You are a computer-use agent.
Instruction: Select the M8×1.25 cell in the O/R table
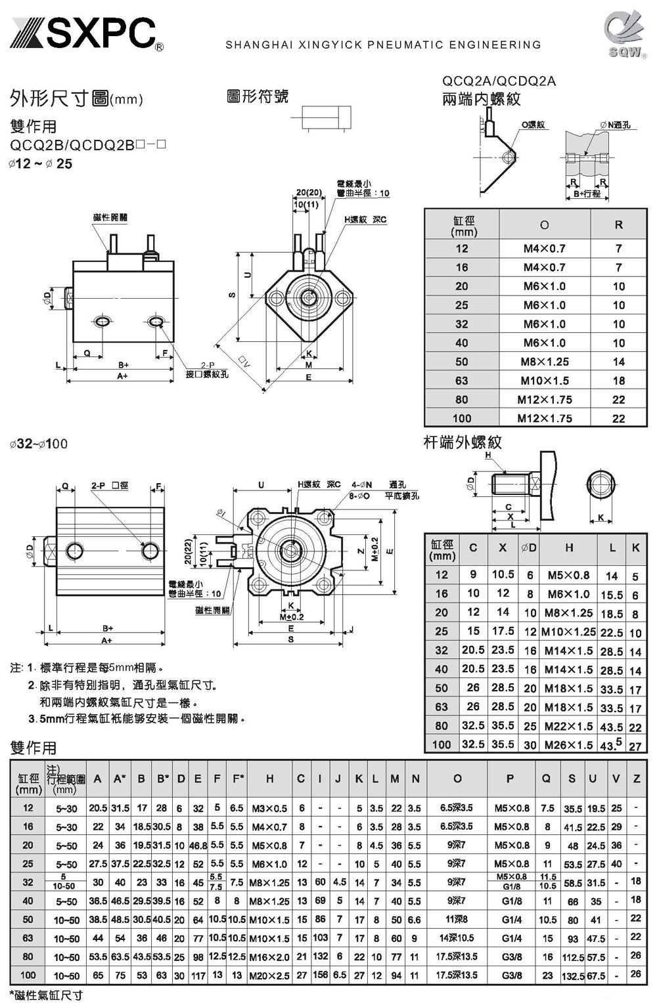pyautogui.click(x=544, y=362)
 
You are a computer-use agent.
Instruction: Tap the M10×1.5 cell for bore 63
pyautogui.click(x=544, y=381)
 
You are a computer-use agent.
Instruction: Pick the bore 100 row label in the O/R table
pyautogui.click(x=462, y=418)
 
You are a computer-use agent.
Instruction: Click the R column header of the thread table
pyautogui.click(x=618, y=225)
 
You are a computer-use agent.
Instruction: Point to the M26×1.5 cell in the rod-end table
pyautogui.click(x=568, y=745)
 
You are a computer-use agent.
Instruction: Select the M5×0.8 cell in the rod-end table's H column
pyautogui.click(x=568, y=575)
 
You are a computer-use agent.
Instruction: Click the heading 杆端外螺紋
pyautogui.click(x=463, y=442)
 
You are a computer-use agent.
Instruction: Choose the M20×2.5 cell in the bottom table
pyautogui.click(x=269, y=975)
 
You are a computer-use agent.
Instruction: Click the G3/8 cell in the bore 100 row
pyautogui.click(x=510, y=975)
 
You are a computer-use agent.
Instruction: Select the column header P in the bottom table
pyautogui.click(x=510, y=779)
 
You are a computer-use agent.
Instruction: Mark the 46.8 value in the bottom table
pyautogui.click(x=198, y=845)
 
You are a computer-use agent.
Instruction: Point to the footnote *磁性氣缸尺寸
pyautogui.click(x=46, y=995)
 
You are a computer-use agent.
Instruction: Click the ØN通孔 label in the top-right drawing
pyautogui.click(x=615, y=125)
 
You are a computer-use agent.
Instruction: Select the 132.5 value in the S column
pyautogui.click(x=572, y=975)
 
